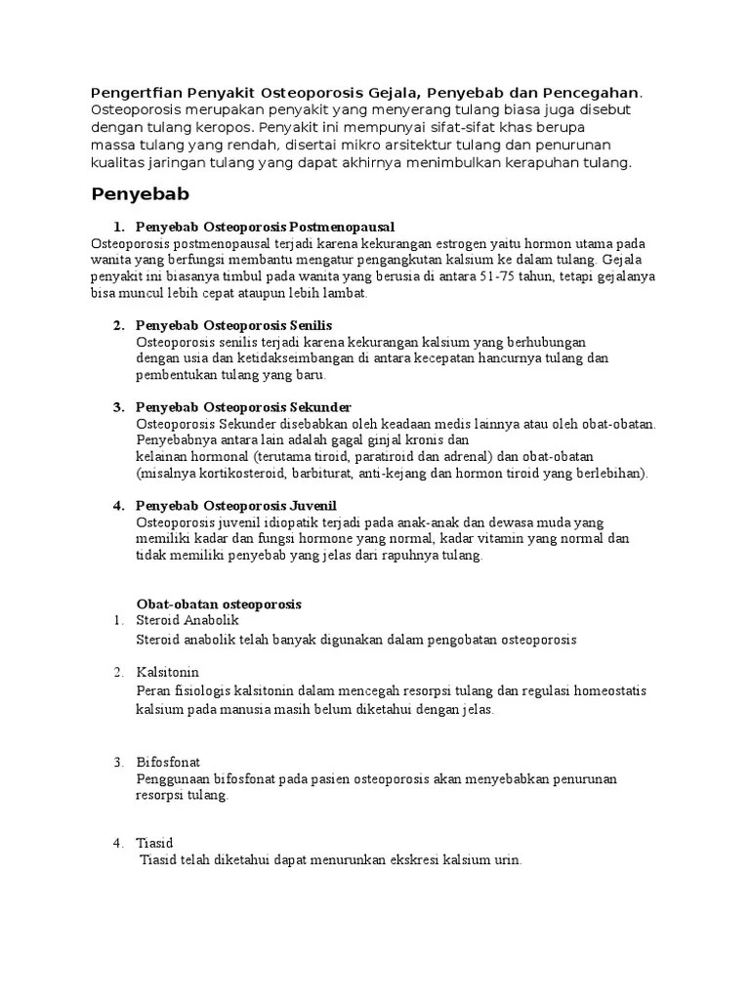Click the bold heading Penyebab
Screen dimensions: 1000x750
pos(140,193)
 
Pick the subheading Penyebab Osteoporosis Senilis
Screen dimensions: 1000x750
pos(234,325)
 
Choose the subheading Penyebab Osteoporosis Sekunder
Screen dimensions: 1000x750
pos(243,406)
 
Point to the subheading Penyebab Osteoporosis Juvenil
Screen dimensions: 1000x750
pos(235,506)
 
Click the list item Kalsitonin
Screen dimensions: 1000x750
pos(168,673)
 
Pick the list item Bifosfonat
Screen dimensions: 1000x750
pos(169,762)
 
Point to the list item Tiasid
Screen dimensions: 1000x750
pos(155,843)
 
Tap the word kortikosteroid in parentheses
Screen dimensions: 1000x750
pos(233,474)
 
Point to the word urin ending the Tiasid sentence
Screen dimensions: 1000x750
pos(507,860)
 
